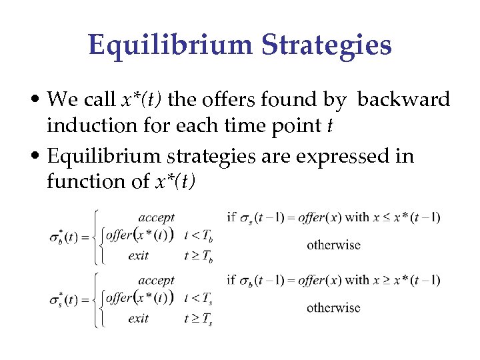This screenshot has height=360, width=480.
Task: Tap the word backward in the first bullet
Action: pyautogui.click(x=404, y=99)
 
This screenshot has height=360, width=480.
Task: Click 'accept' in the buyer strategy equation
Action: pyautogui.click(x=156, y=217)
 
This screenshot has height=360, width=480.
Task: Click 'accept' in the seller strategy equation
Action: pyautogui.click(x=156, y=281)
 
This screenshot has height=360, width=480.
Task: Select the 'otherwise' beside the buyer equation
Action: pyautogui.click(x=333, y=245)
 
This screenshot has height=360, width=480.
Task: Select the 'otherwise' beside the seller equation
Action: pyautogui.click(x=333, y=308)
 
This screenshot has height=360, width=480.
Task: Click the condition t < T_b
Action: pyautogui.click(x=198, y=237)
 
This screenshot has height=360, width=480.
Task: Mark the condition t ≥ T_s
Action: pyautogui.click(x=198, y=319)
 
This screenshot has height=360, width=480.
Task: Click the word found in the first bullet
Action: pyautogui.click(x=296, y=99)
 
